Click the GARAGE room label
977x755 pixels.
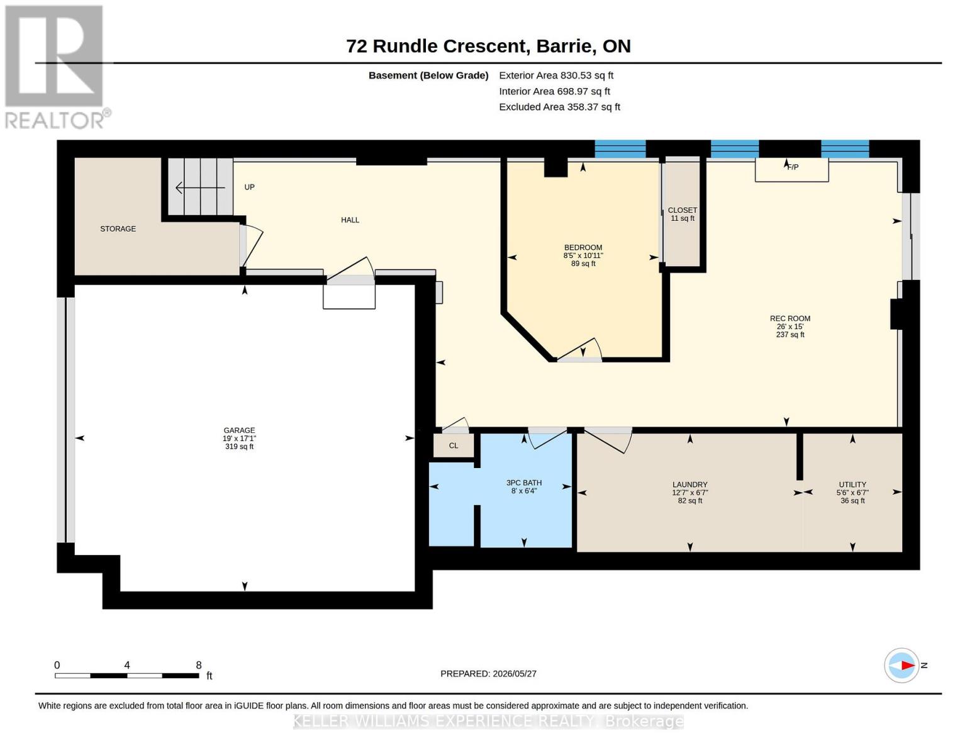click(239, 430)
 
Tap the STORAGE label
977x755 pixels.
click(118, 229)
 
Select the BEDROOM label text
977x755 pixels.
click(583, 247)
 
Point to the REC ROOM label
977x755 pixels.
click(790, 318)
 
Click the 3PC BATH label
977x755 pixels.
click(524, 483)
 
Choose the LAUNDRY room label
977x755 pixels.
click(689, 484)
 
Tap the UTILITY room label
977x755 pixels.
click(852, 484)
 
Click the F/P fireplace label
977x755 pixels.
click(793, 167)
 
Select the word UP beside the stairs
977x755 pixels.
click(250, 187)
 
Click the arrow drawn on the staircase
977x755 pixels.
click(200, 187)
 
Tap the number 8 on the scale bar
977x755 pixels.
click(199, 665)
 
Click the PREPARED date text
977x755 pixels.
click(488, 674)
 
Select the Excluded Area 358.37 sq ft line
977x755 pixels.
click(559, 107)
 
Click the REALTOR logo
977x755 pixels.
click(56, 67)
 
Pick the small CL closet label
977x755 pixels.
click(453, 445)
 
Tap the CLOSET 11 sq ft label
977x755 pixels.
click(682, 214)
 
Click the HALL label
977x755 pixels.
click(350, 220)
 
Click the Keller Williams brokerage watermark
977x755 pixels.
click(488, 721)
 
